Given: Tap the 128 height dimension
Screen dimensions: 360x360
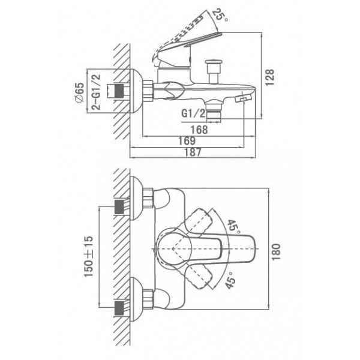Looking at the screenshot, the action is (270, 77).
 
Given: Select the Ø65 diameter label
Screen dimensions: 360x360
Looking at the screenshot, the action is (80, 92).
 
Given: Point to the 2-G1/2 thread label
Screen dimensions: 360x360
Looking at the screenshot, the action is (96, 92).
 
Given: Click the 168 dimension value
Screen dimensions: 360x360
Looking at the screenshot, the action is (199, 130).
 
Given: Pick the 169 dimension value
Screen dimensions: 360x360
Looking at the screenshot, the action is (187, 141).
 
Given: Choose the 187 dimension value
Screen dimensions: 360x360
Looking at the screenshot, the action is (193, 152).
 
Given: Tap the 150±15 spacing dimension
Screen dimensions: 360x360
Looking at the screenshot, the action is (89, 256).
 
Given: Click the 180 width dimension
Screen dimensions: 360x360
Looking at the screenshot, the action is (276, 252).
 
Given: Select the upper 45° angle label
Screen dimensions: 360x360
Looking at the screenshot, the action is (234, 227).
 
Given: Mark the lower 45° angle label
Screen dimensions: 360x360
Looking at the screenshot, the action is (230, 280).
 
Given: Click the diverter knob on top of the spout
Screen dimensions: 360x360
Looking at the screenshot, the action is (214, 71).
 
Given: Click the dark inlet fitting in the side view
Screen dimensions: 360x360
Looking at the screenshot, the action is (119, 91).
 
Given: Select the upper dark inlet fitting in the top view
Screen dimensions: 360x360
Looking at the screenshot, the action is (119, 207).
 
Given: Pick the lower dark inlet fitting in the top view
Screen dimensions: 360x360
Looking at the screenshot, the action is (119, 308).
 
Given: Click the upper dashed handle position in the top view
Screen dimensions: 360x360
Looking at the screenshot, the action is (198, 221).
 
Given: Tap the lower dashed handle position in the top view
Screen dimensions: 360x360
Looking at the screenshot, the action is (199, 277).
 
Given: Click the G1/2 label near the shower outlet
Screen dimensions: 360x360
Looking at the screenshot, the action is (193, 113).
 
